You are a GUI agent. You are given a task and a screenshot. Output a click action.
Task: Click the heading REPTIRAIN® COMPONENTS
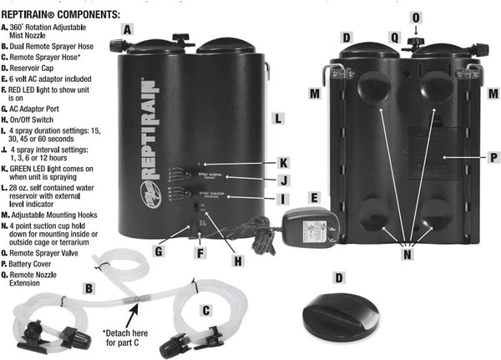point(60,15)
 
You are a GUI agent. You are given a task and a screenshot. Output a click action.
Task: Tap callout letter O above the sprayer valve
point(417,17)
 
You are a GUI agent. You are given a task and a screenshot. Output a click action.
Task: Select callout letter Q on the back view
point(395,37)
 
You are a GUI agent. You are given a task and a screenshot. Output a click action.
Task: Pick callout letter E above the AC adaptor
point(313,197)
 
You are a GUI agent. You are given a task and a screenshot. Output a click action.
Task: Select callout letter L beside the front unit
point(277,118)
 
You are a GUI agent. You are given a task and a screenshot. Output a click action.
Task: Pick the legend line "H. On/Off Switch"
point(38,116)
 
